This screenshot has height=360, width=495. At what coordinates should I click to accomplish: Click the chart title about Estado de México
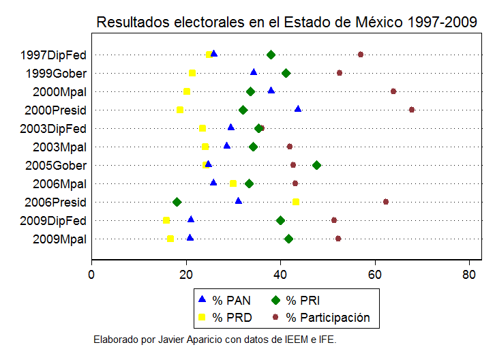tap(286, 22)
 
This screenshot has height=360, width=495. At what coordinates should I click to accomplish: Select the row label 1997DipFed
tap(53, 55)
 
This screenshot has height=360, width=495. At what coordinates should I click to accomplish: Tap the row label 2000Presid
tap(55, 110)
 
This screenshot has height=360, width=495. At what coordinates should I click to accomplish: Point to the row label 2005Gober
tap(56, 165)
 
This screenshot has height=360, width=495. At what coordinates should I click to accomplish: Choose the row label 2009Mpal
tap(59, 239)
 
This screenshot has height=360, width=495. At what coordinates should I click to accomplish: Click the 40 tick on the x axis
tap(280, 275)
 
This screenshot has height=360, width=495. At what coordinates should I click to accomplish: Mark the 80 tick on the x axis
tap(468, 275)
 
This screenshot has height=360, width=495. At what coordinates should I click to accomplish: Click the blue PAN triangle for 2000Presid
tap(297, 109)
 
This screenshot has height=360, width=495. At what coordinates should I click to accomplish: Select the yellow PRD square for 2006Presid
tap(296, 202)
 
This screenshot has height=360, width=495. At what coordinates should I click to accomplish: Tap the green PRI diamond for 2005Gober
tap(316, 165)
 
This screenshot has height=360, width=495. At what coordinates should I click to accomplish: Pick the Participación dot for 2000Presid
tap(411, 110)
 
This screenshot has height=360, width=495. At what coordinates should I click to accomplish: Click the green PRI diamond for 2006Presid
tap(177, 202)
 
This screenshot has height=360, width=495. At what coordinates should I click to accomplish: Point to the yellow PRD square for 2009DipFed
tap(166, 220)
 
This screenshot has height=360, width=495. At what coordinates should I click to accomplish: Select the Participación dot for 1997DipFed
tap(361, 55)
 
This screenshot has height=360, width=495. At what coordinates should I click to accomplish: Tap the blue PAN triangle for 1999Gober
tap(254, 72)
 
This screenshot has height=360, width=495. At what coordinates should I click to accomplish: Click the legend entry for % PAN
tap(225, 301)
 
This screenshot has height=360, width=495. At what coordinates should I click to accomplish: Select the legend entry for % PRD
tap(225, 317)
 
